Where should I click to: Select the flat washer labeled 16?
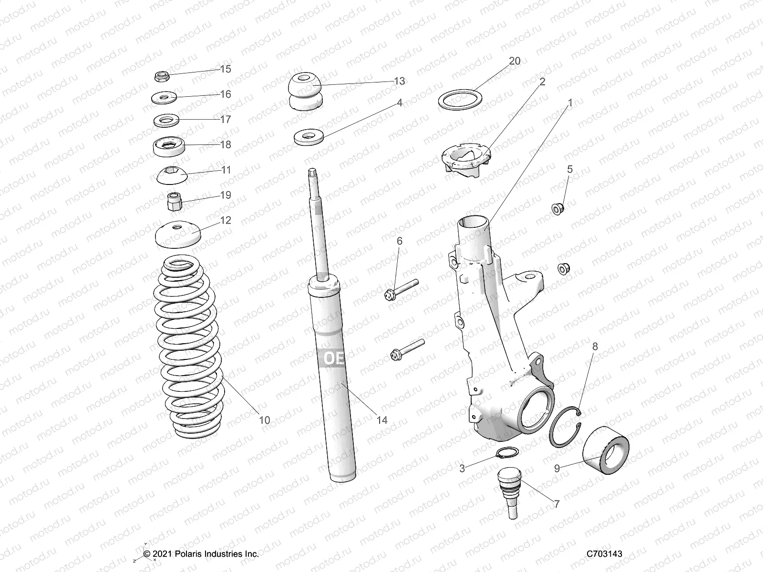(164, 98)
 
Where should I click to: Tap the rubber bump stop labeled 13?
(305, 92)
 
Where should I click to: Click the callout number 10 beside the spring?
(264, 420)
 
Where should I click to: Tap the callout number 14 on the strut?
(381, 420)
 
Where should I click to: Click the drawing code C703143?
(605, 554)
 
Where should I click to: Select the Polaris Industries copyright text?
(201, 554)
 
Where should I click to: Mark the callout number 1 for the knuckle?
(569, 103)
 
